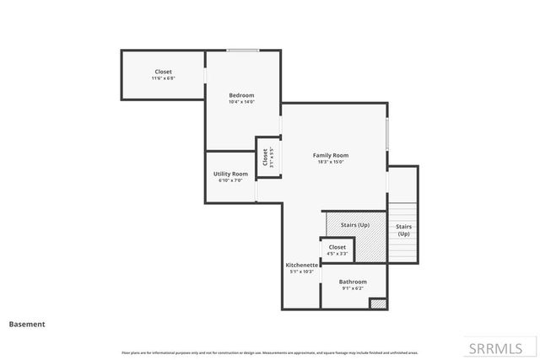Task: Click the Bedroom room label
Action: (241, 95)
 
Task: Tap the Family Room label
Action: (331, 155)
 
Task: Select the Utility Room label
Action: (230, 174)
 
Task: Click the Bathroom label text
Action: (353, 282)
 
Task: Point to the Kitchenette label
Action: (301, 265)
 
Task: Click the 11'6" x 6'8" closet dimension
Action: (163, 78)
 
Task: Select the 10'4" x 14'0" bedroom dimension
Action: (241, 102)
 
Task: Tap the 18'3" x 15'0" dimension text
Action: (331, 162)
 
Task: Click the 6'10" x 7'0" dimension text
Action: (230, 180)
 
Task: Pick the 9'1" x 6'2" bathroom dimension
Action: (353, 288)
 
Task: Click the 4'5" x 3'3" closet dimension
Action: (337, 253)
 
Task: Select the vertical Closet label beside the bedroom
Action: (265, 158)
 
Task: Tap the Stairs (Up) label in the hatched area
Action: (354, 225)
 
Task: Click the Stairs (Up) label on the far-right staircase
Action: (403, 230)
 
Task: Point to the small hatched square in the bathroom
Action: (378, 303)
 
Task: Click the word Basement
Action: (27, 324)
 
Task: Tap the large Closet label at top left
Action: (163, 72)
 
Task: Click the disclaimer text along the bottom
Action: (270, 352)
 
